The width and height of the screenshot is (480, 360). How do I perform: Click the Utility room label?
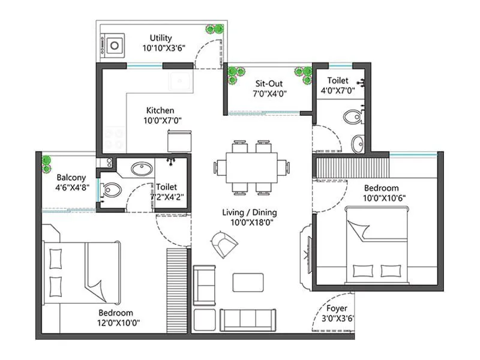coord(161,38)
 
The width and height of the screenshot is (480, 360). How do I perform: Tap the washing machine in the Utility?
coord(115,44)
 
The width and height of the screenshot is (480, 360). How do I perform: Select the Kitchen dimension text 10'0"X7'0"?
coord(162,120)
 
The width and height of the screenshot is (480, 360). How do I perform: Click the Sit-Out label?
coord(270,84)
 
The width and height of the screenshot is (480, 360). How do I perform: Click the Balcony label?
coord(71,178)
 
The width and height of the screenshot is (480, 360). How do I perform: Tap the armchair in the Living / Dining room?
coord(224,243)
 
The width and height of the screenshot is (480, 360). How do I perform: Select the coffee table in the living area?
coord(248,283)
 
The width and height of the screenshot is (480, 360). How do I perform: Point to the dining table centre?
coord(252,167)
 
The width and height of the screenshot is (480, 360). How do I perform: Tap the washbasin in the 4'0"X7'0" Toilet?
coord(358,143)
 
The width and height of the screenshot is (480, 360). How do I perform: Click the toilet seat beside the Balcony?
coord(112,190)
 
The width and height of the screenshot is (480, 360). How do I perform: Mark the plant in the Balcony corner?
coord(46,162)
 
